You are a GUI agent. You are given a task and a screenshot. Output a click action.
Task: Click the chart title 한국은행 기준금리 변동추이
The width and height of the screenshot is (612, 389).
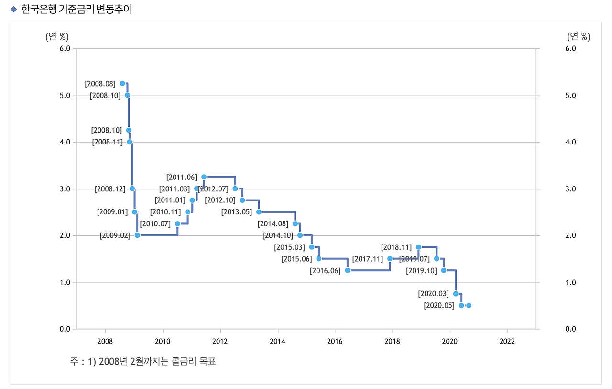[x=76, y=9]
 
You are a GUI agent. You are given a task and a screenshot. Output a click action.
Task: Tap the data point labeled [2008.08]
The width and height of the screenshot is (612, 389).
[x=122, y=83]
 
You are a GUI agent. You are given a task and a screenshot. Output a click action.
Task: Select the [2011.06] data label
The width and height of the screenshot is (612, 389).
[x=182, y=178]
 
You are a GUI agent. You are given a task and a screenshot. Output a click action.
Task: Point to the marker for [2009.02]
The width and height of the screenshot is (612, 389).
[x=137, y=235]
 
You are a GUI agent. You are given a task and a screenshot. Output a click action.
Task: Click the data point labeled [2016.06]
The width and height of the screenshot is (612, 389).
[x=347, y=270]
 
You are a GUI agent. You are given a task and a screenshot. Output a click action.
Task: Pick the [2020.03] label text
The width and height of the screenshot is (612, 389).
[x=433, y=294]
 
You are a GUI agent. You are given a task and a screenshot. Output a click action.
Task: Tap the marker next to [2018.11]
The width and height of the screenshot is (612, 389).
[x=419, y=247]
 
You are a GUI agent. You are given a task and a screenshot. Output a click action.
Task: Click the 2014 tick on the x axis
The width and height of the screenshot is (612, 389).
[x=277, y=341]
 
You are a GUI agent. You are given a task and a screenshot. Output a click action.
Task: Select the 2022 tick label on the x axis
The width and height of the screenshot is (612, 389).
[x=507, y=341]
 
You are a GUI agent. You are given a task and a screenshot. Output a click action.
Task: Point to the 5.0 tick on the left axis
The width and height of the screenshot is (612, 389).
[x=65, y=96]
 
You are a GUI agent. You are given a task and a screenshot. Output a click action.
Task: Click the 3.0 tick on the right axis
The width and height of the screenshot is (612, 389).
[x=570, y=189]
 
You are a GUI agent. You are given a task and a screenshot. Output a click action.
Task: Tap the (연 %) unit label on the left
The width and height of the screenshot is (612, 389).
[x=57, y=36]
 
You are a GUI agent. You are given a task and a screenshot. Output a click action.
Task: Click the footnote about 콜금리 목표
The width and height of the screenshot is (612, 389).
[x=143, y=361]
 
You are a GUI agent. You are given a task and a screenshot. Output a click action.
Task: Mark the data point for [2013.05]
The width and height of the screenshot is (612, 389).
[x=259, y=212]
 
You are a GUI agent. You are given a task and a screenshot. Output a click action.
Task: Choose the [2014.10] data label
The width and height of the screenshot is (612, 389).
[x=278, y=235]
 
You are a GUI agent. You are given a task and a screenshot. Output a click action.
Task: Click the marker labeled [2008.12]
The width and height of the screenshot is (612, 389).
[x=132, y=189]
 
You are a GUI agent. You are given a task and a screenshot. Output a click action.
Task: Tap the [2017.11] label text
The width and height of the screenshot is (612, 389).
[x=368, y=259]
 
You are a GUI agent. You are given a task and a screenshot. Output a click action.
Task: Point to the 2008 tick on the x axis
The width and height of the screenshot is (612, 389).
[x=105, y=341]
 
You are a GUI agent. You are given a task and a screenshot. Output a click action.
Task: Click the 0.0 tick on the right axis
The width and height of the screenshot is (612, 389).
[x=570, y=329]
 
